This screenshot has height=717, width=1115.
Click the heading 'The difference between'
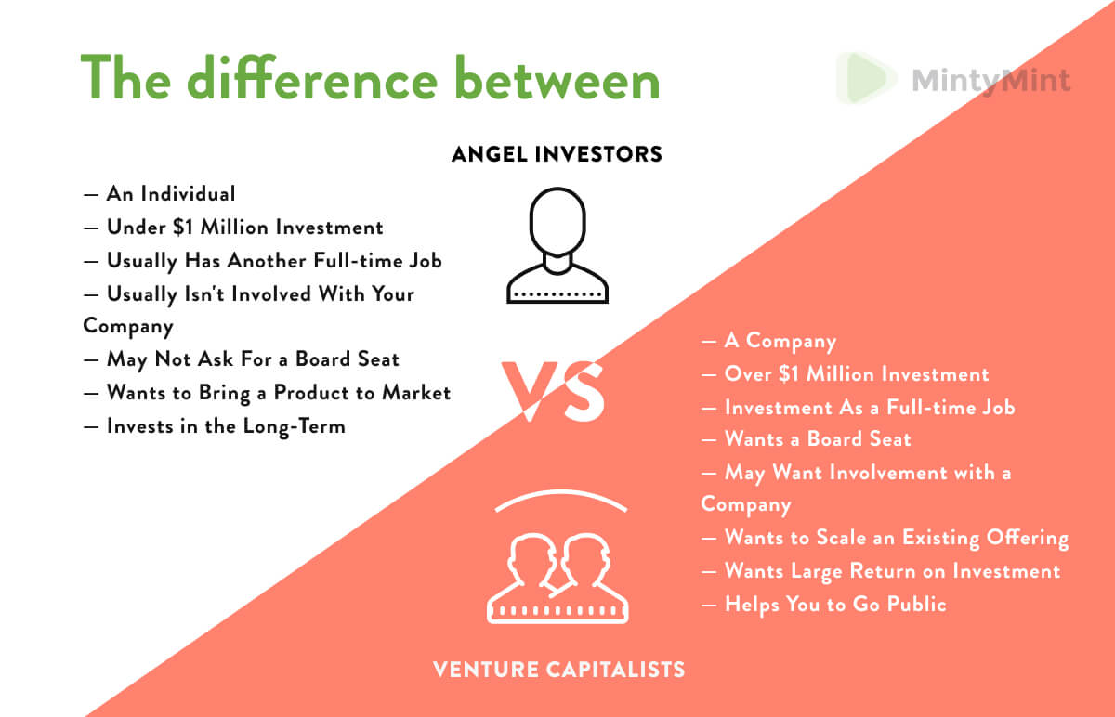pyautogui.click(x=370, y=78)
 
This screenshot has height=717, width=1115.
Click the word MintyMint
pyautogui.click(x=990, y=80)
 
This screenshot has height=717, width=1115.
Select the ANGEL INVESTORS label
pyautogui.click(x=557, y=154)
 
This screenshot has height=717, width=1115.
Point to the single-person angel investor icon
pyautogui.click(x=557, y=244)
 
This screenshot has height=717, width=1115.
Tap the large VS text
pyautogui.click(x=554, y=389)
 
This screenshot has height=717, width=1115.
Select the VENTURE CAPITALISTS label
pyautogui.click(x=558, y=668)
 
